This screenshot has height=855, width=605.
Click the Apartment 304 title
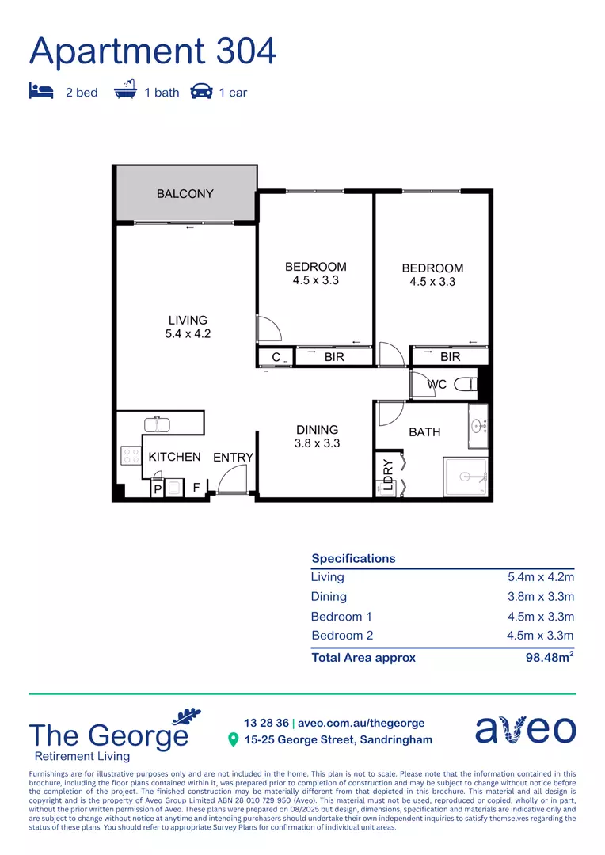[x=153, y=51]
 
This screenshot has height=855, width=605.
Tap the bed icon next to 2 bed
[x=41, y=91]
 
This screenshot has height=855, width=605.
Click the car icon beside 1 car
[x=201, y=92]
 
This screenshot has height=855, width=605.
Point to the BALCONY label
[x=185, y=194]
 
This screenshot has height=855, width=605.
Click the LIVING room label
[x=188, y=327]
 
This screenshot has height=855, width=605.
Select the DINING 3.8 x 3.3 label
[x=317, y=436]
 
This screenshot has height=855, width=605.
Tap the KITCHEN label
[x=174, y=457]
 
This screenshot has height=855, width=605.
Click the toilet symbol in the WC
[x=466, y=385]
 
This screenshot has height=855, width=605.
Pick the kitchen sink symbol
[x=157, y=424]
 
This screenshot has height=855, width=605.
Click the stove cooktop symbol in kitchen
[x=130, y=456]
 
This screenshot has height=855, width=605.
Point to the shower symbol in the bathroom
[x=466, y=477]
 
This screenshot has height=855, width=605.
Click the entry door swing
[x=231, y=479]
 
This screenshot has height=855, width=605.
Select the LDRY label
[x=388, y=476]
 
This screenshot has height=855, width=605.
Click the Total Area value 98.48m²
[x=550, y=657]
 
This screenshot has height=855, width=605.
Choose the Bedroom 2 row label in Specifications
[x=342, y=636]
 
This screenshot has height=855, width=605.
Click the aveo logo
[x=525, y=729]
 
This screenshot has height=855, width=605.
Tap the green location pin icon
[x=233, y=740]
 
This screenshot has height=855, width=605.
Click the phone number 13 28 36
[x=266, y=723]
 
